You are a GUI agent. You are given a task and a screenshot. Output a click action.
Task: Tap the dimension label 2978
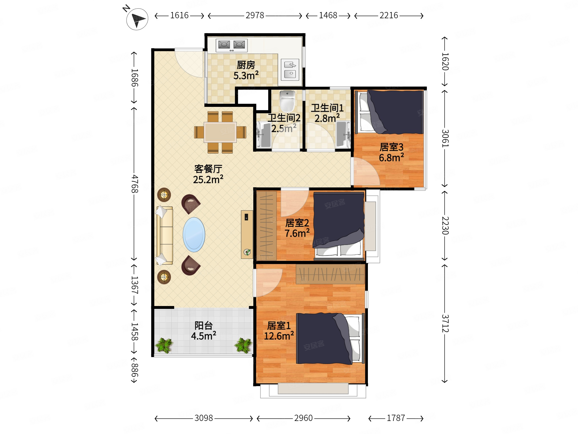255,15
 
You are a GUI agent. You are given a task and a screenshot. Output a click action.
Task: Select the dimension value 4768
134,184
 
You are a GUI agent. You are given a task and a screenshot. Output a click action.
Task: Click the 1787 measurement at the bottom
396,418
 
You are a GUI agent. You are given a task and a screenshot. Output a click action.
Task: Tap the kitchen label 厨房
246,65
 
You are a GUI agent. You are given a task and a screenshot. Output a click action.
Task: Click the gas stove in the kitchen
231,45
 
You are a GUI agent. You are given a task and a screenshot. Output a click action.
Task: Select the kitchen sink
290,70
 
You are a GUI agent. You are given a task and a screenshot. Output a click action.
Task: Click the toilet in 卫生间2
287,101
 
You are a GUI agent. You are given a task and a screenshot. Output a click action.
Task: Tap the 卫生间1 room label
327,108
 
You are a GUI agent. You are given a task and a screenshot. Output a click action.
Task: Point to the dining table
220,132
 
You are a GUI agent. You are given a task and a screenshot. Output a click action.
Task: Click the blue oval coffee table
194,235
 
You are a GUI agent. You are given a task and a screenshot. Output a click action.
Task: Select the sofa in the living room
164,235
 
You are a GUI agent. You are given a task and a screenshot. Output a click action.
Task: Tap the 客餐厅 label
208,169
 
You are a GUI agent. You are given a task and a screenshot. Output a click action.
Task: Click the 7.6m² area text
297,233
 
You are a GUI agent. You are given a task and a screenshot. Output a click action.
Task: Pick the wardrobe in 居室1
330,274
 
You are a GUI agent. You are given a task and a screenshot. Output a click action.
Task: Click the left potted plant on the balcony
164,345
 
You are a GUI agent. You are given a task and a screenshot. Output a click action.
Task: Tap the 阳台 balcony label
204,326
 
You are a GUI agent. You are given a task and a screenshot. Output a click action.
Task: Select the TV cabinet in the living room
247,235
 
